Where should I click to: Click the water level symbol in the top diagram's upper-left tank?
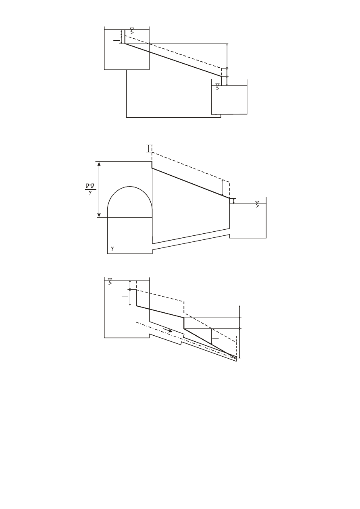pyautogui.click(x=132, y=31)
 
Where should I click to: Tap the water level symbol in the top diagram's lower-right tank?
pyautogui.click(x=218, y=87)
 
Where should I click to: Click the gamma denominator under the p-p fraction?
pyautogui.click(x=90, y=193)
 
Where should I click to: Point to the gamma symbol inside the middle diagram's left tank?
pyautogui.click(x=112, y=248)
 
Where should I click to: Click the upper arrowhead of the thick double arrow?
pyautogui.click(x=99, y=164)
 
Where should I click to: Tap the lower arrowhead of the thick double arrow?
pyautogui.click(x=99, y=215)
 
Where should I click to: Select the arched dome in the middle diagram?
pyautogui.click(x=130, y=187)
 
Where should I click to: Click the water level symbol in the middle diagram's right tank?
pyautogui.click(x=257, y=204)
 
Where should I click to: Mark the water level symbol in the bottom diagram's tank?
pyautogui.click(x=110, y=282)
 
